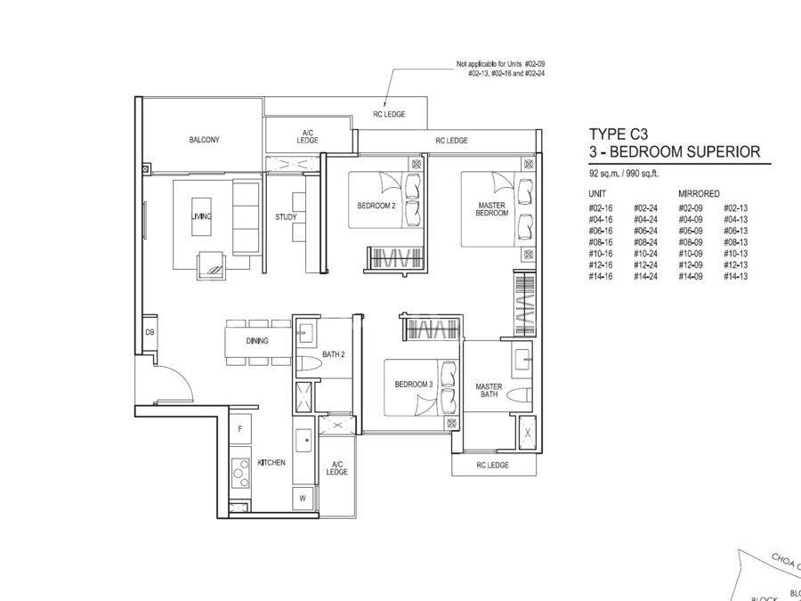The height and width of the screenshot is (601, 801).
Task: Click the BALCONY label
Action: [205, 140]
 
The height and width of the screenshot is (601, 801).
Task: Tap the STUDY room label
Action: [286, 217]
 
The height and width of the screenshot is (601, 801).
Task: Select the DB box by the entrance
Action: [150, 333]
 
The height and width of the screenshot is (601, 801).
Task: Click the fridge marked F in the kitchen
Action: [240, 428]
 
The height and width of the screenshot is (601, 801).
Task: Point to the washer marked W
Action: [303, 499]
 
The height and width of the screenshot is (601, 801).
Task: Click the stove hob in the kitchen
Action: [240, 474]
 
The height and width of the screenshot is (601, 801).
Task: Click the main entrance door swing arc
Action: [182, 378]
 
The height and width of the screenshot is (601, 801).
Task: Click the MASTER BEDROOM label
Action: [492, 209]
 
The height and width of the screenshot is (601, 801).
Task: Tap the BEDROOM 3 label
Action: [414, 385]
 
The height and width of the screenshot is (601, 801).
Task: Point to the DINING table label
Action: [257, 341]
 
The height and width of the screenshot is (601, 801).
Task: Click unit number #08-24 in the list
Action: [646, 242]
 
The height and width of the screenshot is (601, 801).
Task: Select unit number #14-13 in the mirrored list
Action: [736, 277]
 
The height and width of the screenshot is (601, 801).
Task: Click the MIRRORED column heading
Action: [699, 194]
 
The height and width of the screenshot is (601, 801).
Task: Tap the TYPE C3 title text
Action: [619, 134]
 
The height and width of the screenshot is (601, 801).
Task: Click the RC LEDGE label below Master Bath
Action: [492, 465]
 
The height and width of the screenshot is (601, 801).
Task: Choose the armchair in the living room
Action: [211, 265]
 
